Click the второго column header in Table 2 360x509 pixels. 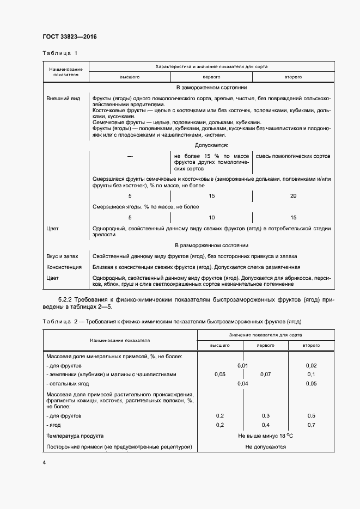point(311,346)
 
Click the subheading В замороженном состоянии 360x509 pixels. point(211,87)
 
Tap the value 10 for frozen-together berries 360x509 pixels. point(211,217)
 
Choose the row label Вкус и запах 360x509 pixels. point(63,256)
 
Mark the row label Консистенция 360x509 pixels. point(64,267)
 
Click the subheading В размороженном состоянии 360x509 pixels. point(211,245)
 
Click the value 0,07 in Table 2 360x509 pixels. point(266,375)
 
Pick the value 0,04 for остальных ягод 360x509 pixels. point(243,384)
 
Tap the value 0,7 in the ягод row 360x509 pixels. point(311,425)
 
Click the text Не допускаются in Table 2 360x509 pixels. point(266,447)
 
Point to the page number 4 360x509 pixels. point(44,463)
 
